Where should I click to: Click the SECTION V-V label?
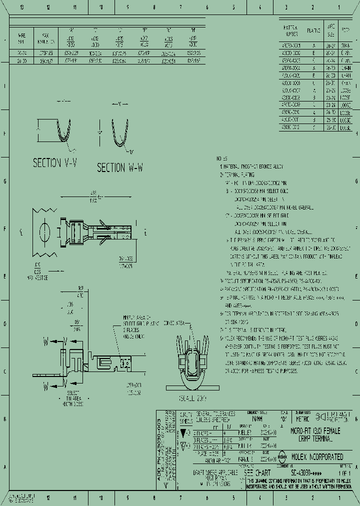point(54,162)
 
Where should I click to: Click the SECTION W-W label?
point(120,168)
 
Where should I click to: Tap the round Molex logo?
point(282,456)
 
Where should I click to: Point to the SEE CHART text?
point(257,472)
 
